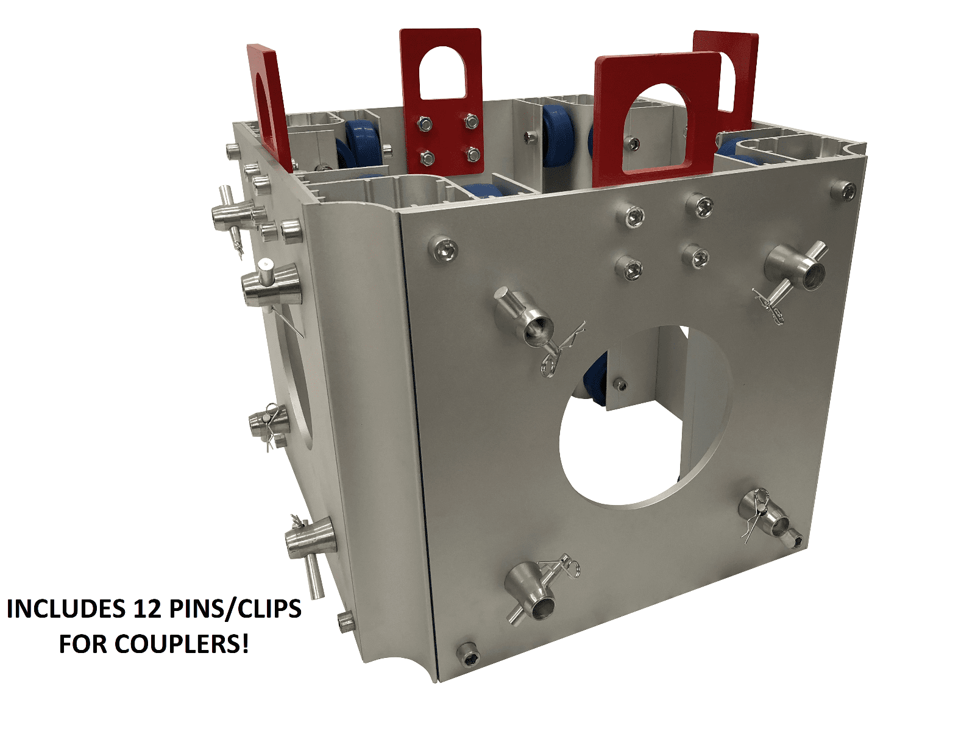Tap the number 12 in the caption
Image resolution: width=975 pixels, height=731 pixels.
144,609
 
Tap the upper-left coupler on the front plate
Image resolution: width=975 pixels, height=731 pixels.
524,317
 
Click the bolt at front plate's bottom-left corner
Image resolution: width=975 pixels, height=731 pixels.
468,654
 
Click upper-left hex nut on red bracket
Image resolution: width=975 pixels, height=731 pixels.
425,125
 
